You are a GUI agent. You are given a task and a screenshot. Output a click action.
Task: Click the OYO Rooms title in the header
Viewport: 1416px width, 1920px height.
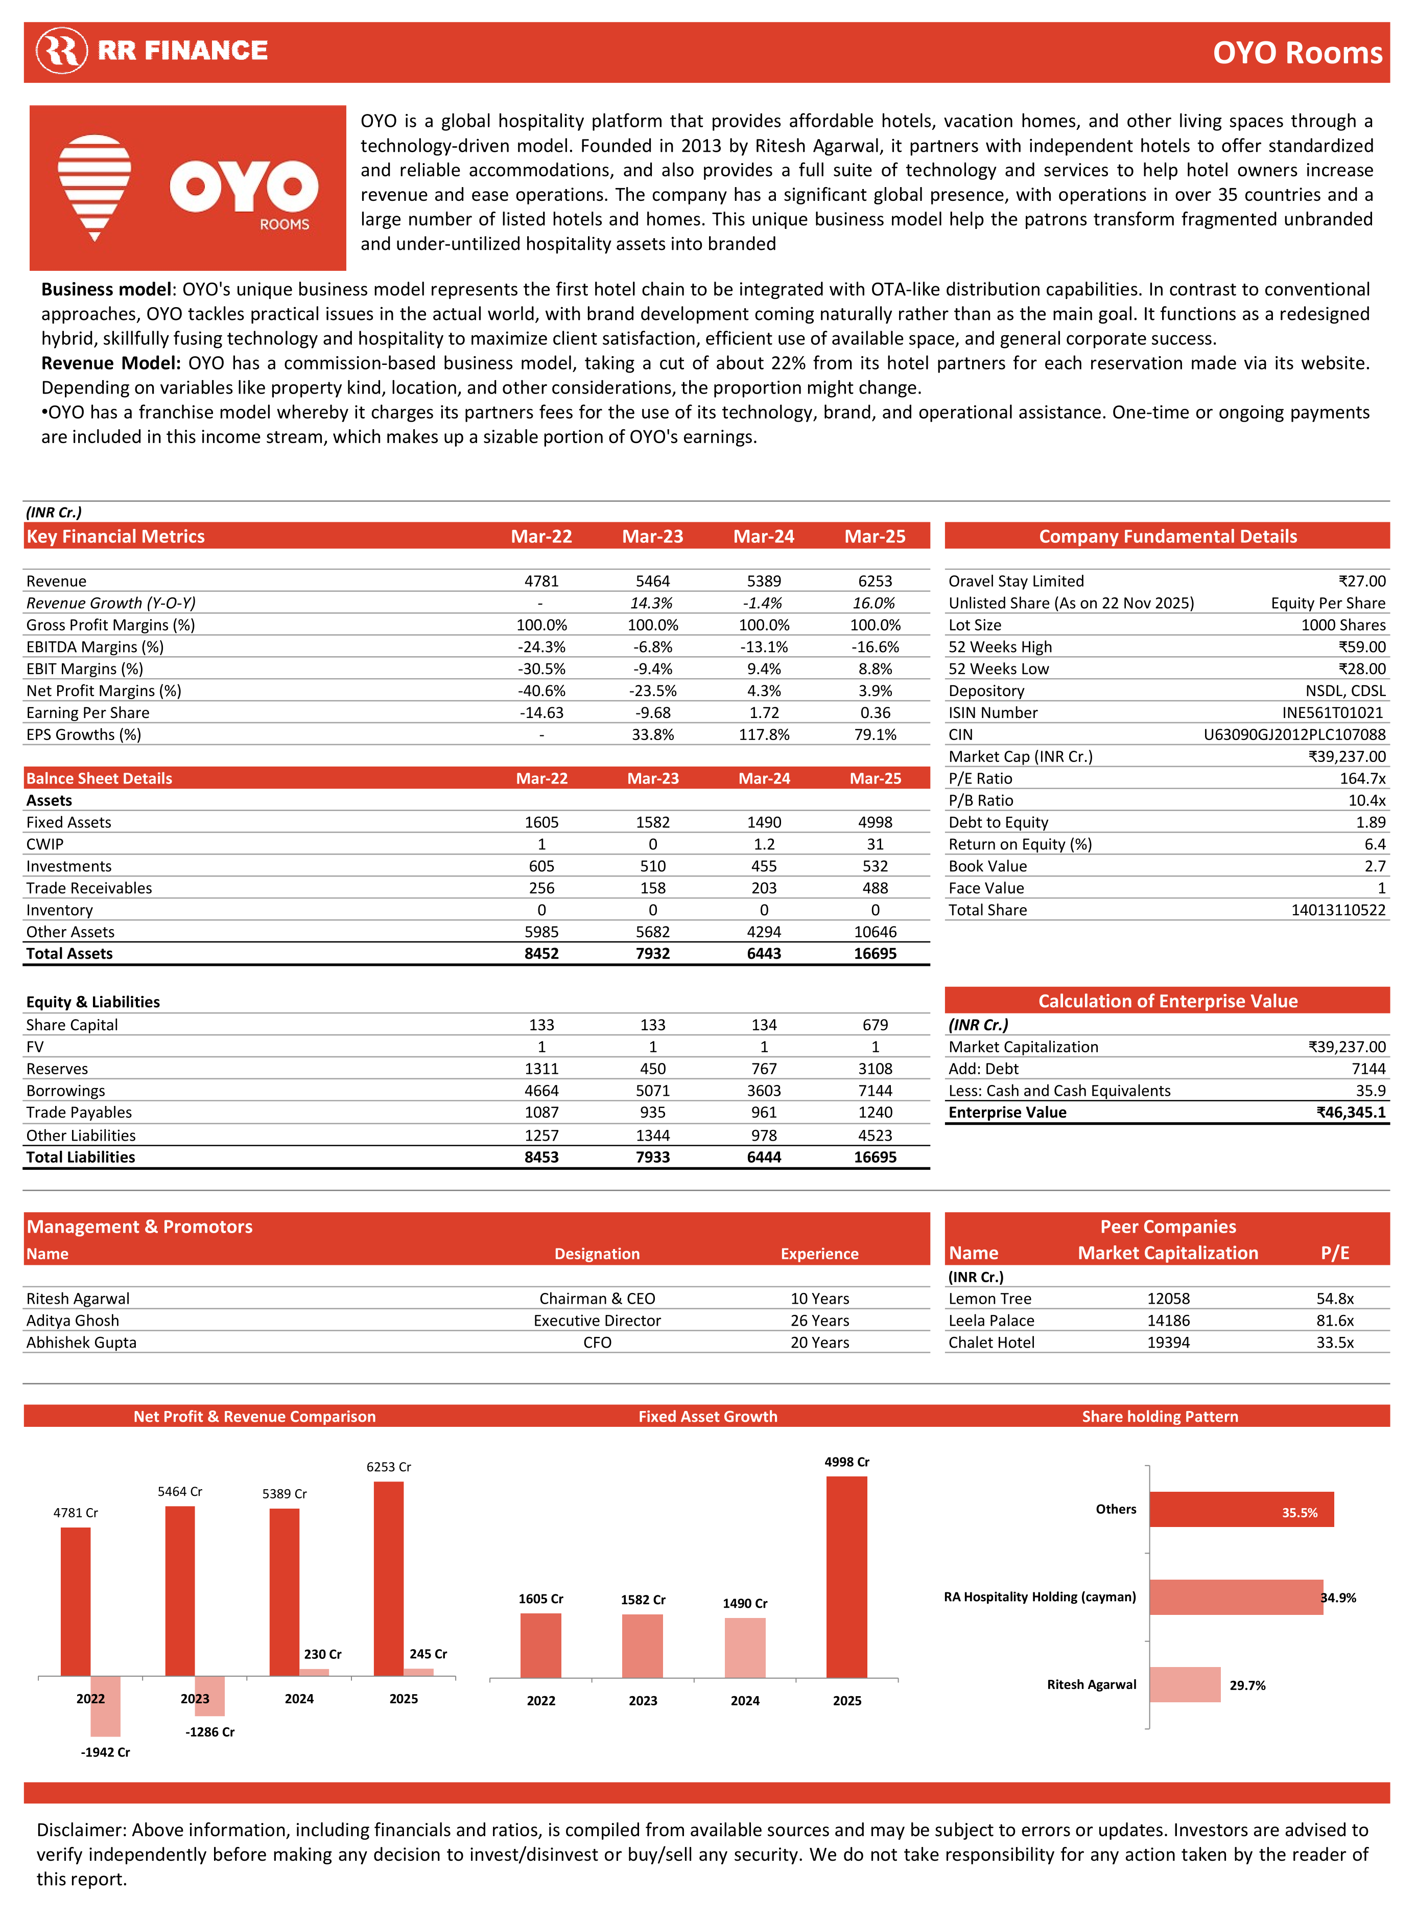tap(1297, 53)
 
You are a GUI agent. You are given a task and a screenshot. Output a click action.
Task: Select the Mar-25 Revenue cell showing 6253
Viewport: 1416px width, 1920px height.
tap(875, 582)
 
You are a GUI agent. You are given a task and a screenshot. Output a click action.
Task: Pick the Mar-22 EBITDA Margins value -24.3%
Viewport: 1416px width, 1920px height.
tap(541, 647)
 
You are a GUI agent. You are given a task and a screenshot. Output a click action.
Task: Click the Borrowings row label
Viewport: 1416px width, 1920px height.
tap(66, 1091)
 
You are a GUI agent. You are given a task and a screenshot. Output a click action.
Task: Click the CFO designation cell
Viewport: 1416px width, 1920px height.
tap(598, 1343)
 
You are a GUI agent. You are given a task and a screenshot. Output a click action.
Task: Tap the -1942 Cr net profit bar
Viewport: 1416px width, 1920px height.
tap(105, 1706)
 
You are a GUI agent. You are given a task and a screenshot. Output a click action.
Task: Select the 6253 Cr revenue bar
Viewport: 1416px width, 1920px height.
tap(388, 1578)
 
